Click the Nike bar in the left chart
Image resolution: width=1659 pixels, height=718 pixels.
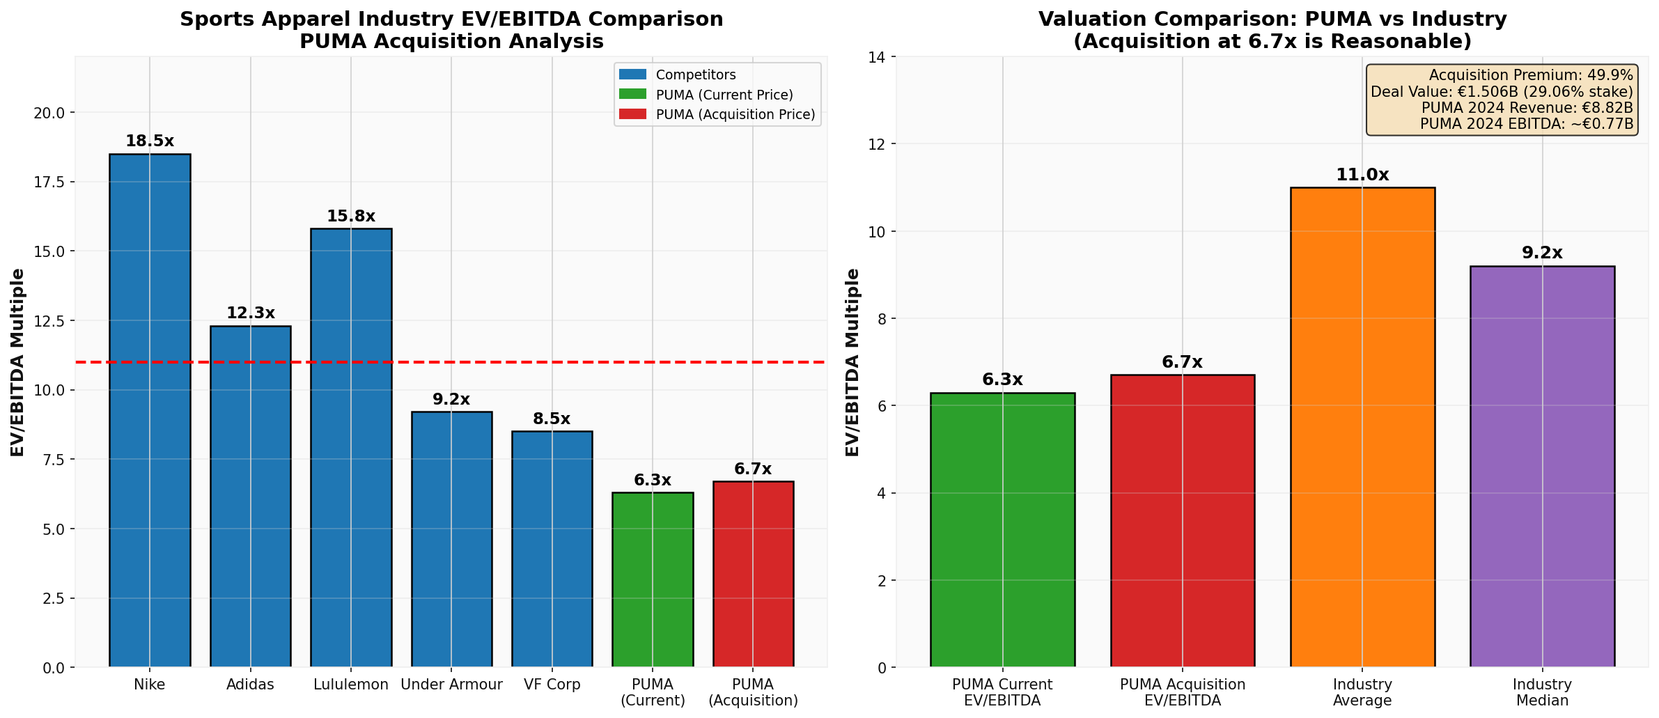150,411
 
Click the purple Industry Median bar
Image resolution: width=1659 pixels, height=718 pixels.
1542,467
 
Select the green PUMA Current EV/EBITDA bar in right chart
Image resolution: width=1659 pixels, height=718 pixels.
1002,530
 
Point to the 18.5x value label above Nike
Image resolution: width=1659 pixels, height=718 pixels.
150,141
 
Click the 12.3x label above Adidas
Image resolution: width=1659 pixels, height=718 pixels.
251,313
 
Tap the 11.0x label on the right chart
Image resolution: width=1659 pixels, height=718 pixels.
1362,175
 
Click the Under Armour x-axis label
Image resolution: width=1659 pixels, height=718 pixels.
451,685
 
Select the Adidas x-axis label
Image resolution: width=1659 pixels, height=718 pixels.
251,685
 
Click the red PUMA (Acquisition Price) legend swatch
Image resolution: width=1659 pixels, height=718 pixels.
632,114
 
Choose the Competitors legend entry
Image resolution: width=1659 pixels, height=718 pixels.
695,75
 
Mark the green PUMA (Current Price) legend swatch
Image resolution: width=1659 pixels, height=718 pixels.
632,94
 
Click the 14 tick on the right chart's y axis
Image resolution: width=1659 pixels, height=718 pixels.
878,56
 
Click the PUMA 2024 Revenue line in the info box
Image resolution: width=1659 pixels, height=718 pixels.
1527,108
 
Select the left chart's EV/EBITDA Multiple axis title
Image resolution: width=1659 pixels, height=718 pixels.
18,362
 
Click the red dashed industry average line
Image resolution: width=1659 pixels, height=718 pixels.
488,362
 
